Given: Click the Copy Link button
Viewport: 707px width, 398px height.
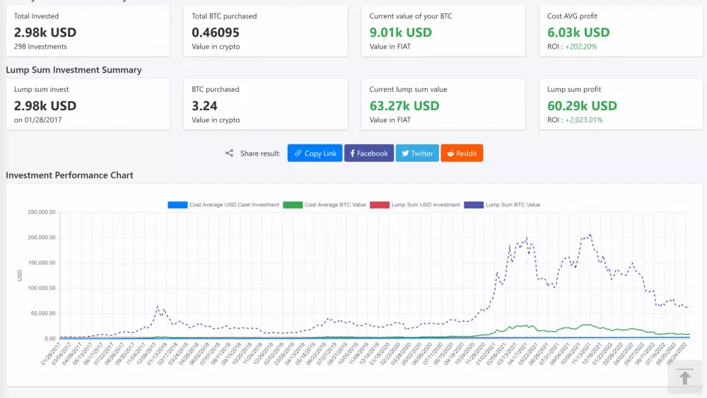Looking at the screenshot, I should pyautogui.click(x=315, y=153).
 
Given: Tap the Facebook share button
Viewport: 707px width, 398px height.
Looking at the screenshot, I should pyautogui.click(x=369, y=153).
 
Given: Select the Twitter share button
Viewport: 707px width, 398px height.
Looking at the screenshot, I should pyautogui.click(x=417, y=153).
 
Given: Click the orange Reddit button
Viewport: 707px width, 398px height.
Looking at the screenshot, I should pyautogui.click(x=462, y=153).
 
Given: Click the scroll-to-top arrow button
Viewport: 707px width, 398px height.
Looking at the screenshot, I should pyautogui.click(x=684, y=377).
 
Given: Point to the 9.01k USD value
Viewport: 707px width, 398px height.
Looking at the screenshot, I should pyautogui.click(x=400, y=33).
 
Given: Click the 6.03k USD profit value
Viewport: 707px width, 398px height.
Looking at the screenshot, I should pyautogui.click(x=578, y=33).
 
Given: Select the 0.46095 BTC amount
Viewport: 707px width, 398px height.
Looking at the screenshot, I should pyautogui.click(x=216, y=33).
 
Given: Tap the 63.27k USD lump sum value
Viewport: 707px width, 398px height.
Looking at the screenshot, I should pyautogui.click(x=404, y=106).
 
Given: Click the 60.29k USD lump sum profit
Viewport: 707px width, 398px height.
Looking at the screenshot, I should pyautogui.click(x=582, y=106).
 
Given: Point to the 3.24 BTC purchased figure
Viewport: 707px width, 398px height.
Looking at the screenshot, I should pyautogui.click(x=204, y=106).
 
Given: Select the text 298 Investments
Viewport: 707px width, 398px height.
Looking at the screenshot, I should pyautogui.click(x=40, y=47).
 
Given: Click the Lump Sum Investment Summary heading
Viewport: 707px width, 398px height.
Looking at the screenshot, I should pyautogui.click(x=74, y=70).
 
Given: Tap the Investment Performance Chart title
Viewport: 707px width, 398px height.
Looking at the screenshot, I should pyautogui.click(x=69, y=175).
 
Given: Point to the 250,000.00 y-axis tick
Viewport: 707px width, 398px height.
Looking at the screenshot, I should pyautogui.click(x=41, y=212).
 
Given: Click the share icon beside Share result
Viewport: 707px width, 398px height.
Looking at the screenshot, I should pyautogui.click(x=229, y=153).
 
